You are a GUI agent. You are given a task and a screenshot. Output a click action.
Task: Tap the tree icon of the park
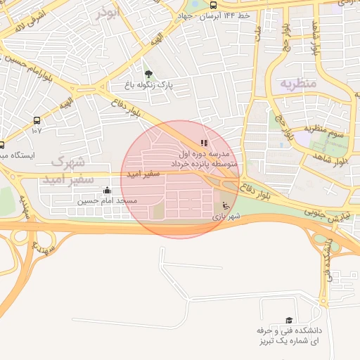[x=148, y=74]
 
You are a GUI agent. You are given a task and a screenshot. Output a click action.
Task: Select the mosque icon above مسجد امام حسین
[x=107, y=190]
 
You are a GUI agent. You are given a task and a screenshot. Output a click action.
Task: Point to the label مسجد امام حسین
[x=107, y=201]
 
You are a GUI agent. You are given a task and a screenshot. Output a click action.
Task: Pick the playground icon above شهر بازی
[x=226, y=206]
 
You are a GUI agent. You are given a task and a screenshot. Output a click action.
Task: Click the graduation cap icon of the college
[x=288, y=320]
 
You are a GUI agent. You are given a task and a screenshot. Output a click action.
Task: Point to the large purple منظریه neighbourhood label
[x=300, y=83]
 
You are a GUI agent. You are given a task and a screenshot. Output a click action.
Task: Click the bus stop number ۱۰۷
[x=37, y=130]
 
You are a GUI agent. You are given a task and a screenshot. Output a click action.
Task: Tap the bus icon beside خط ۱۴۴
[x=213, y=6]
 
